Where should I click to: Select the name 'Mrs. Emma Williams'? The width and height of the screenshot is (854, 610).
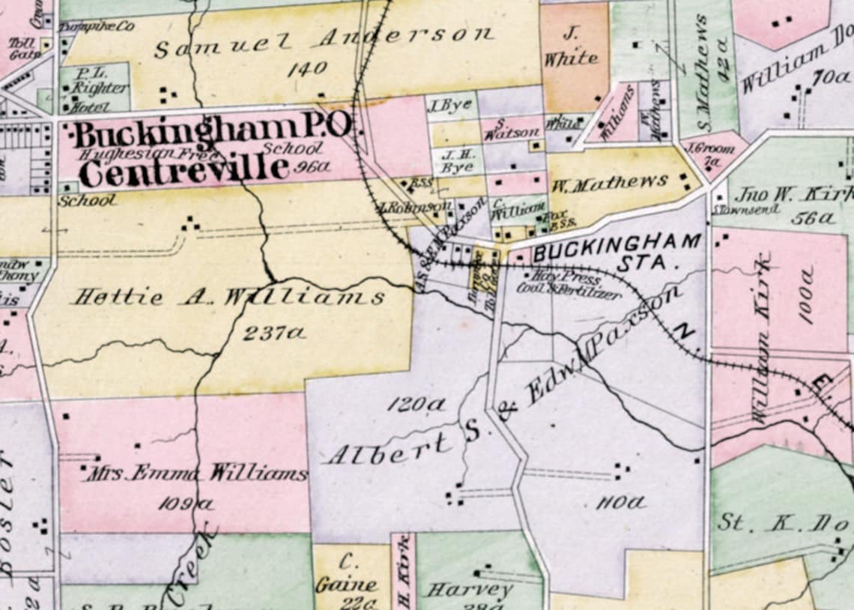(x=196, y=474)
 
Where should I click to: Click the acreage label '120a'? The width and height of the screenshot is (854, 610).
(x=416, y=405)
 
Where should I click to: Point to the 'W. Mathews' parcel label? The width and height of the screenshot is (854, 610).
(x=610, y=182)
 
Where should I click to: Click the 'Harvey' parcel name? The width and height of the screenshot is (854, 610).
(x=470, y=590)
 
